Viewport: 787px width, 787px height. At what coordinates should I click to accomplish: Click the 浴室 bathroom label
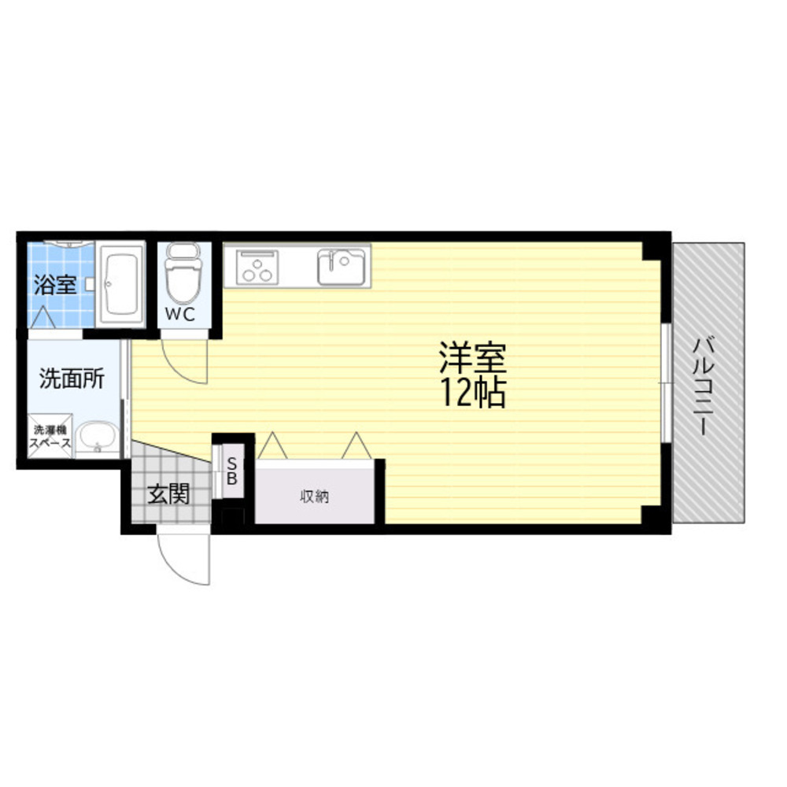point(55,285)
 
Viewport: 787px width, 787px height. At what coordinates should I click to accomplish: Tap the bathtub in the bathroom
point(120,285)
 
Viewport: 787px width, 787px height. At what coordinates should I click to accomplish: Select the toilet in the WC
point(183,274)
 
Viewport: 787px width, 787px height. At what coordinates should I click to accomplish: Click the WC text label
point(180,314)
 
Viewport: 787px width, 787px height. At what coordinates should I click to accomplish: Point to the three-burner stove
point(257,268)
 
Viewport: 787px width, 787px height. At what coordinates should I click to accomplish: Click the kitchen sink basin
point(342,267)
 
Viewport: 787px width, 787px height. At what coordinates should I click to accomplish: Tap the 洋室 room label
point(473,357)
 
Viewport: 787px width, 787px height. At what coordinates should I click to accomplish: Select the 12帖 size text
point(473,392)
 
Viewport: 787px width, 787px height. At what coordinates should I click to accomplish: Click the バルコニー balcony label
point(704,386)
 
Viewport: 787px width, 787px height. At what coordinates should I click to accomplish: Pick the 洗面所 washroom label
point(72,379)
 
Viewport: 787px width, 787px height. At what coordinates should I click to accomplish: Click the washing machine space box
point(50,436)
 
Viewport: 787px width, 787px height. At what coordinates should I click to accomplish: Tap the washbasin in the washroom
point(98,438)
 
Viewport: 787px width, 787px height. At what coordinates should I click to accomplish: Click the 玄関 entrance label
point(168,494)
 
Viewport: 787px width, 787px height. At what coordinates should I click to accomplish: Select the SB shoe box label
point(232,471)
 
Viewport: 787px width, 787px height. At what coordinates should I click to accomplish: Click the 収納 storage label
point(314,497)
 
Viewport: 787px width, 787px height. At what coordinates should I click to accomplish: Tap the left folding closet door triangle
point(272,445)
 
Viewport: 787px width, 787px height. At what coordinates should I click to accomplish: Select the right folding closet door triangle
point(357,445)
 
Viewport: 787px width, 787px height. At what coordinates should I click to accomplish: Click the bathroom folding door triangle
point(43,317)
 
